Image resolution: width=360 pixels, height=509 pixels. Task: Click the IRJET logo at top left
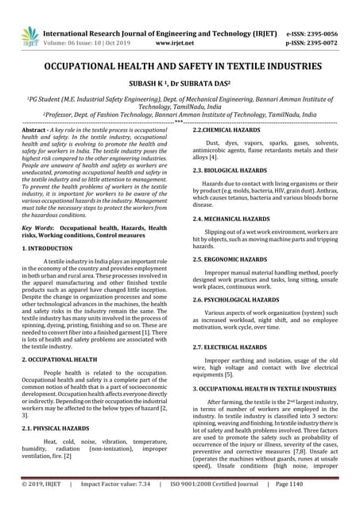click(x=29, y=35)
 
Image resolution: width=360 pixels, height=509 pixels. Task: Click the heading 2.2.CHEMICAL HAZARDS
click(x=226, y=129)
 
